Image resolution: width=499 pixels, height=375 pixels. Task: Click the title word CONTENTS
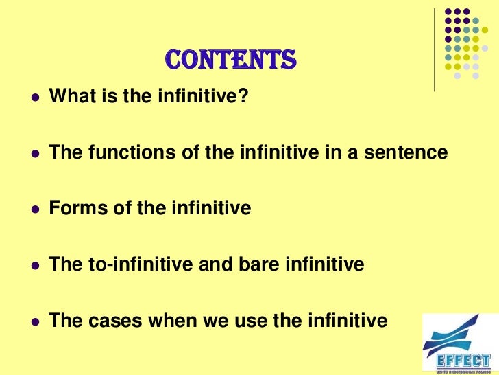coord(230,61)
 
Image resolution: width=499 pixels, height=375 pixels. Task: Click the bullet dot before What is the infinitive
coord(33,98)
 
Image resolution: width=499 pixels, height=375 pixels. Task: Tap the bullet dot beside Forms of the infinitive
coord(33,209)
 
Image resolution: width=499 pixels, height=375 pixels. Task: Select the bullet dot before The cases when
coord(33,321)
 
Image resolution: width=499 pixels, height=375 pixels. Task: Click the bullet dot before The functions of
coord(33,153)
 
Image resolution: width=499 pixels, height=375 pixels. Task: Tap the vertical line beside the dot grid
coord(435,48)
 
